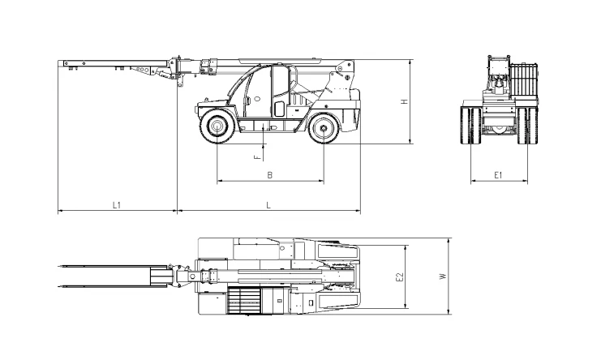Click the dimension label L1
116,205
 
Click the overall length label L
268,205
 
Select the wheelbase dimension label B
270,175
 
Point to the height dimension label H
405,101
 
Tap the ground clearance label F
257,157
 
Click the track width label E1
498,175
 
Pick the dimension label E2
399,277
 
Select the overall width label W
443,276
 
